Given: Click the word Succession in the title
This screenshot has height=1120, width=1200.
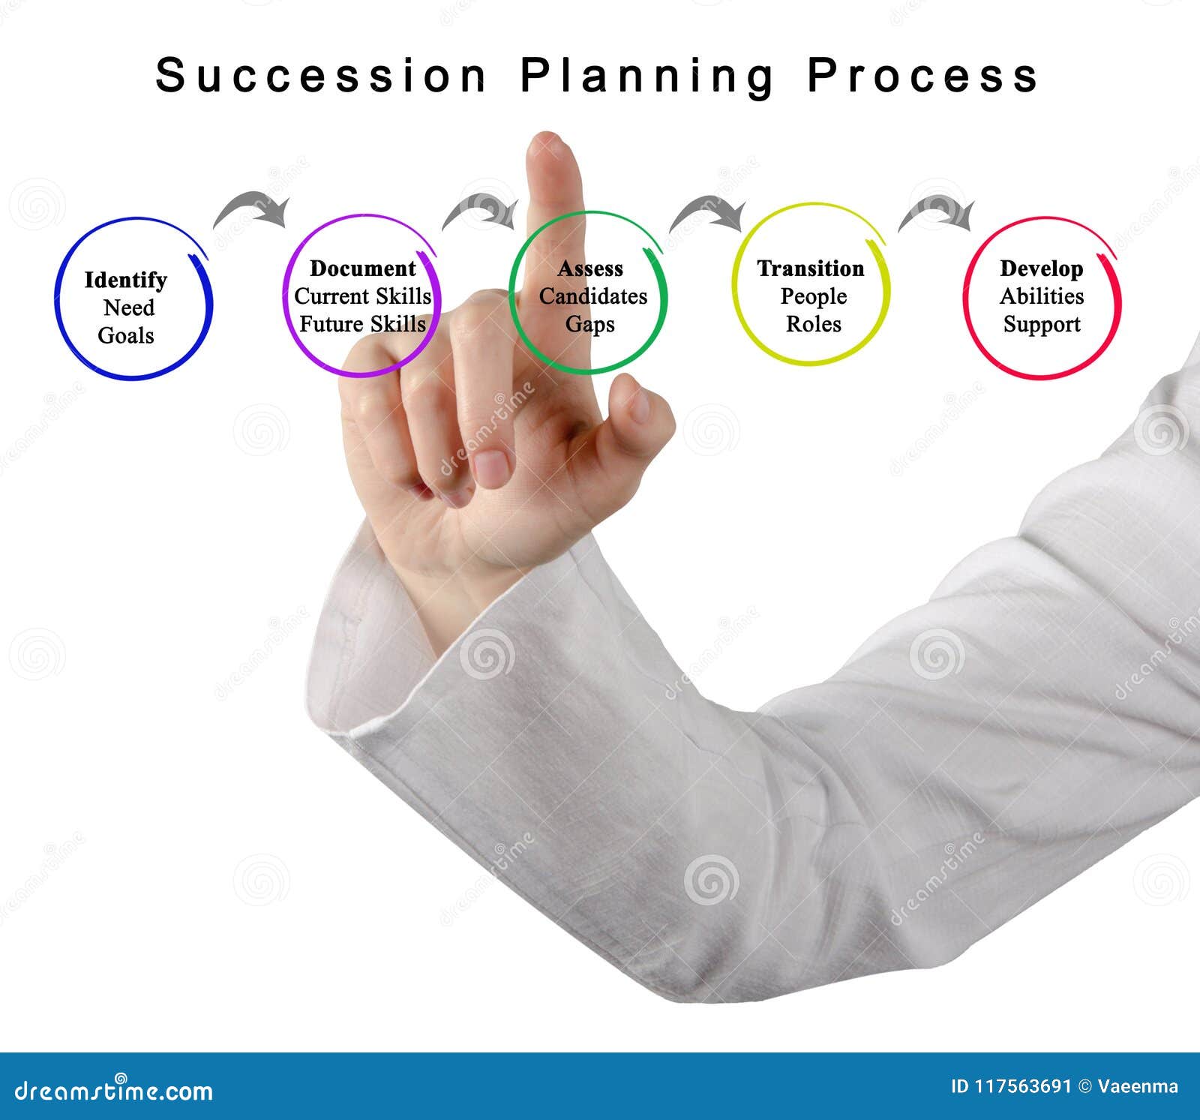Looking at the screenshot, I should coord(321,76).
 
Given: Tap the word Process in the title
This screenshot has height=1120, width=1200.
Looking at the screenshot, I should coord(922,76).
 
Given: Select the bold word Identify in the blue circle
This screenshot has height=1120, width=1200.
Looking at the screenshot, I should coord(125,280).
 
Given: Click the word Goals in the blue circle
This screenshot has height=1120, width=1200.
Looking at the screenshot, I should coord(126,335).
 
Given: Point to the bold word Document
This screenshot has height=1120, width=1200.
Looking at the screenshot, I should coord(362,269).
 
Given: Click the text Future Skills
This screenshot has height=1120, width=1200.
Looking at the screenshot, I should coord(362,324).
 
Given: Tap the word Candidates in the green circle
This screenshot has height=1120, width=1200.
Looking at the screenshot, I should coord(592,296).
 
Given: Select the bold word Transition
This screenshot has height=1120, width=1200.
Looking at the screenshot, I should coord(811,269).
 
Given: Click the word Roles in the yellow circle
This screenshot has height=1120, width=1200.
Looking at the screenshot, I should coord(813,324).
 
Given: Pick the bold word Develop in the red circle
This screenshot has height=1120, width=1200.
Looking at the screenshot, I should coord(1041,269).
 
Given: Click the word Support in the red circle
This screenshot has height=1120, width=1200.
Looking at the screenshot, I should coord(1042,324).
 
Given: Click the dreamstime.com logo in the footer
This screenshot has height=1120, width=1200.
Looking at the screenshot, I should coord(114,1089).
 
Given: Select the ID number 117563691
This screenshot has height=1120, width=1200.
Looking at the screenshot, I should coord(1022,1086).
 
